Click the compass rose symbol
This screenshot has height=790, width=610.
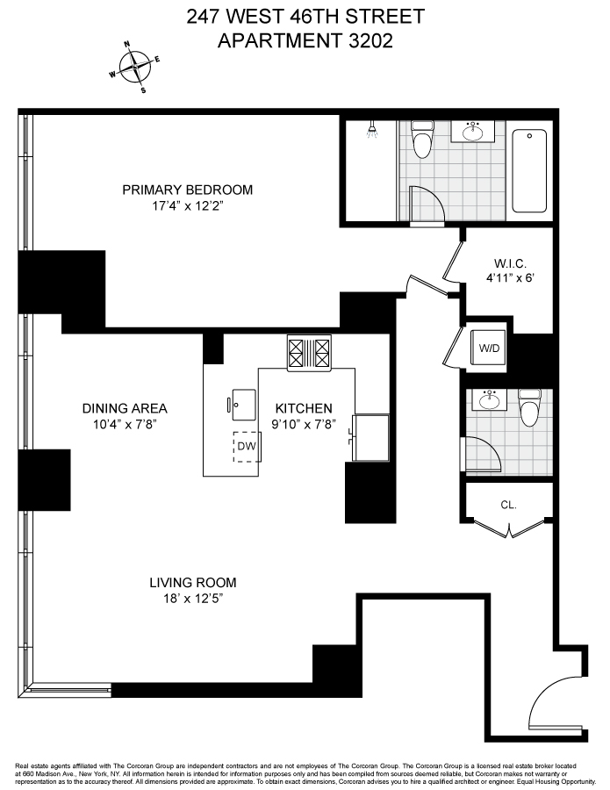(x=134, y=67)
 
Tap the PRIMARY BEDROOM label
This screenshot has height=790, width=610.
(x=187, y=190)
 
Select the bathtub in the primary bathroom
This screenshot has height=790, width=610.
(x=529, y=171)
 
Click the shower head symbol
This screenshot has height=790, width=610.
(x=372, y=133)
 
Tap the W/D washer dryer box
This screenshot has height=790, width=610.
(x=487, y=348)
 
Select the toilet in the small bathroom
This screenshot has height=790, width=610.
(x=528, y=409)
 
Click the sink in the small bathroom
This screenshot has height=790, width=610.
(x=489, y=401)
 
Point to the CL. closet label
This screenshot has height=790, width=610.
(x=508, y=505)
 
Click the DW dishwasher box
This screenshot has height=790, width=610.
(x=246, y=446)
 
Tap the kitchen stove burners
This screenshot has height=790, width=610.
(x=310, y=353)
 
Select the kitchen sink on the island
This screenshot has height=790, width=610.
(x=242, y=404)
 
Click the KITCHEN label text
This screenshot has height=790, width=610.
(x=304, y=408)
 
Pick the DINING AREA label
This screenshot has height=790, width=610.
(x=125, y=408)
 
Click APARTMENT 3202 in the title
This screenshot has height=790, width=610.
(x=305, y=39)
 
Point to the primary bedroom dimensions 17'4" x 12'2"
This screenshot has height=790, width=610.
(x=187, y=208)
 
